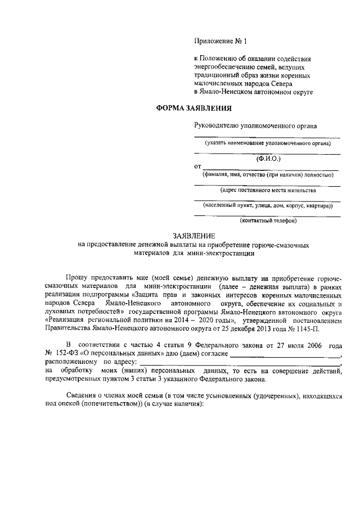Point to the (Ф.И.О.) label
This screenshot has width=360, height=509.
267,159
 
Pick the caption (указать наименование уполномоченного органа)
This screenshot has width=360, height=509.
267,143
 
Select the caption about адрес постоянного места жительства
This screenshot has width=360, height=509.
267,190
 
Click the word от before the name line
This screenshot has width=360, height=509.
197,167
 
